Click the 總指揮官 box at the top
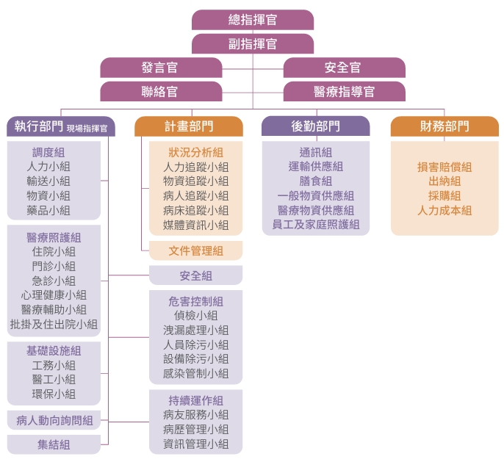click(x=252, y=20)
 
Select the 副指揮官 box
click(x=252, y=44)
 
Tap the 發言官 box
click(x=160, y=68)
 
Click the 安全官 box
click(x=343, y=68)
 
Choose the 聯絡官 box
click(x=160, y=92)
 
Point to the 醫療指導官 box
click(x=343, y=92)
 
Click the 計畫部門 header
click(x=189, y=126)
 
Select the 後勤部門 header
click(x=315, y=126)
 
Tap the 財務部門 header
click(x=444, y=126)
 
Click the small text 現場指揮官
click(x=87, y=128)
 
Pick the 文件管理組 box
click(x=195, y=251)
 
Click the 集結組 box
click(x=54, y=444)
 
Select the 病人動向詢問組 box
click(x=54, y=421)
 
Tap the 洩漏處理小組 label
click(x=195, y=331)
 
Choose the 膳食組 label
click(x=315, y=181)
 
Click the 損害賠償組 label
click(x=444, y=167)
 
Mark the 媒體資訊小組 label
click(x=195, y=225)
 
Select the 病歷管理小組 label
click(x=195, y=430)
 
